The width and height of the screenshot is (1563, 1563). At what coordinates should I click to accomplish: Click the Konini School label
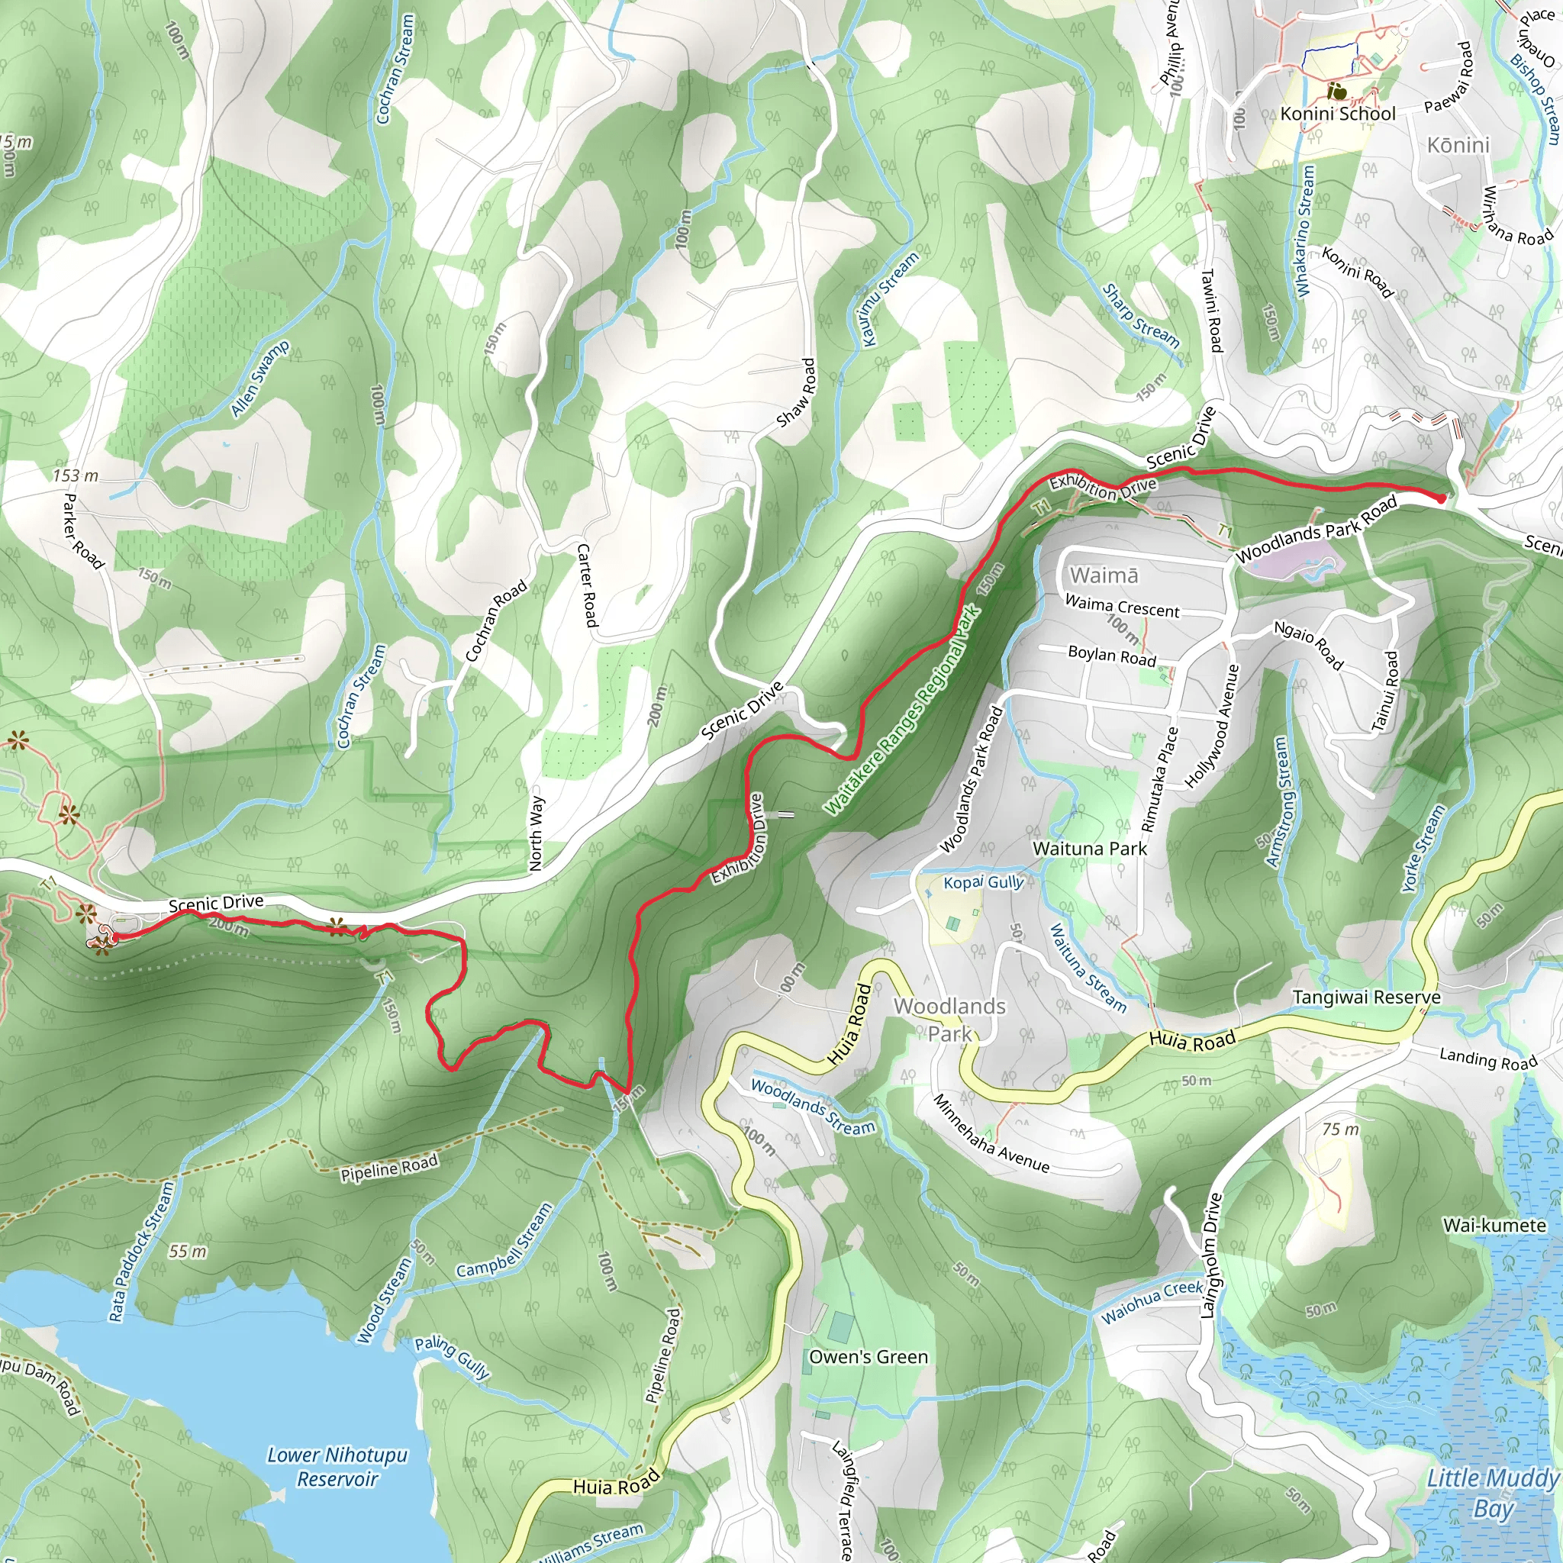coord(1337,114)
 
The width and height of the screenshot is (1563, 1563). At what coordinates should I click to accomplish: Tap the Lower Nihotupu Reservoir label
coord(337,1467)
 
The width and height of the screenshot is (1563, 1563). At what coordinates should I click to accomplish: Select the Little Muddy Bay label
coord(1492,1493)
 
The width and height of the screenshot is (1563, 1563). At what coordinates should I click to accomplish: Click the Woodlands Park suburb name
coord(949,1020)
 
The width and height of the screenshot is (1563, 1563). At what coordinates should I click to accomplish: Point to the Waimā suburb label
coord(1104,575)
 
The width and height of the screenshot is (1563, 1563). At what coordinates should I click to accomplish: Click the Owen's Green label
coord(868,1357)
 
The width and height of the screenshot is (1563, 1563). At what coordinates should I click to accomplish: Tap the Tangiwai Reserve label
coord(1366,997)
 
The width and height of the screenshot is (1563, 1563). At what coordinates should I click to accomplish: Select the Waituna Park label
coord(1090,849)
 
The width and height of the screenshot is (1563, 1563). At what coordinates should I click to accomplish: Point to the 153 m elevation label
coord(76,475)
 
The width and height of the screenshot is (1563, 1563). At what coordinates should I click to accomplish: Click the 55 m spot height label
coord(188,1252)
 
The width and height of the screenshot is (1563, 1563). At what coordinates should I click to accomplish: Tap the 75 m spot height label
coord(1340,1129)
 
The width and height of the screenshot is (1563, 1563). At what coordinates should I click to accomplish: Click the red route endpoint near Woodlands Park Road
coord(1441,498)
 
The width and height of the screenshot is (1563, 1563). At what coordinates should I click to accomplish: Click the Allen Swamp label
coord(259,379)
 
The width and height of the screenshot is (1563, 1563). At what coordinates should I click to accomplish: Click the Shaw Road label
coord(796,393)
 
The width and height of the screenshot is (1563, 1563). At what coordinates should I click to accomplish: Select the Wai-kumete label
coord(1494,1225)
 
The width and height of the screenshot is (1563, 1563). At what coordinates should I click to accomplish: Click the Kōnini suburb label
coord(1457,145)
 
